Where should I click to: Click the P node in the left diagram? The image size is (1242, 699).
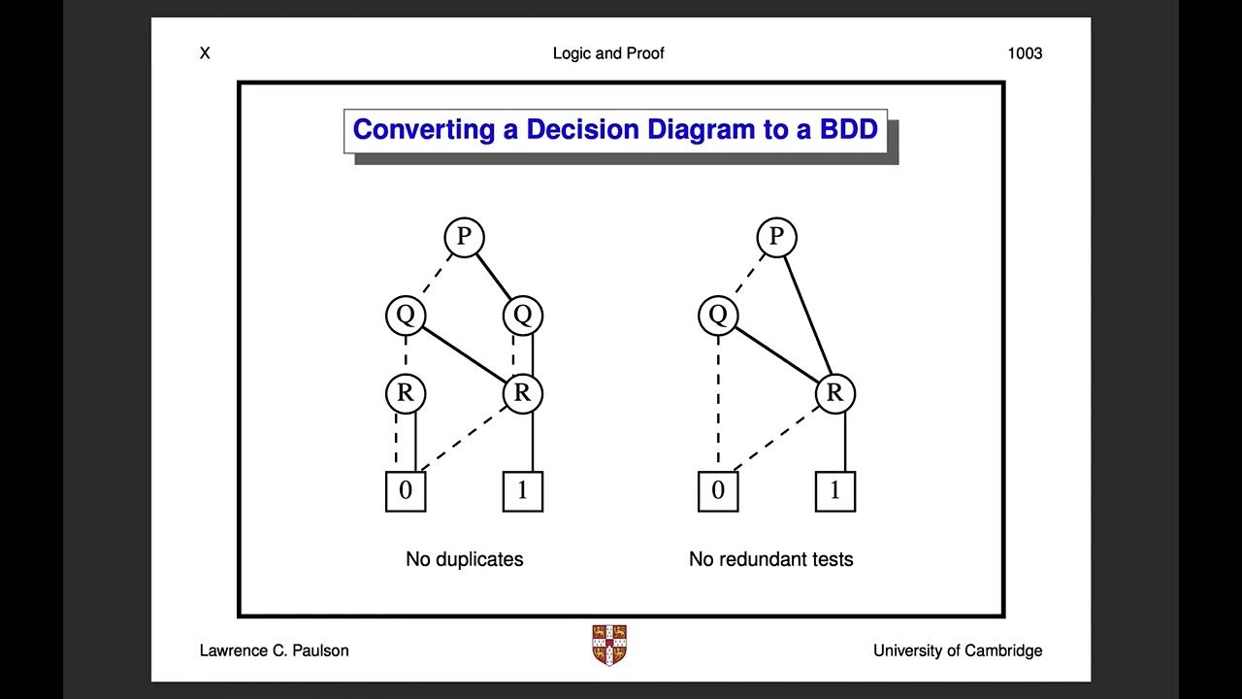pos(464,237)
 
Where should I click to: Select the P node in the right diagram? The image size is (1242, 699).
pos(776,237)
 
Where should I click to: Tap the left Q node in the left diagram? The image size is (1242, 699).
pos(405,315)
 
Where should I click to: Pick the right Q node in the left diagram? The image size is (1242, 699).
pos(522,315)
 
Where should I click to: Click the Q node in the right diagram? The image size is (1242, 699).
pos(718,315)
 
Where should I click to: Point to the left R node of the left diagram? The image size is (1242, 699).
pos(405,393)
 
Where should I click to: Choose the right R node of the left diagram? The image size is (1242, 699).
pos(522,393)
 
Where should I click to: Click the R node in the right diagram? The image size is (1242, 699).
pos(834,393)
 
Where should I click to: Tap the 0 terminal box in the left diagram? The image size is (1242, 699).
pos(406,491)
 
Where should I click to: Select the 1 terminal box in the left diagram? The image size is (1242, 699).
pos(523,491)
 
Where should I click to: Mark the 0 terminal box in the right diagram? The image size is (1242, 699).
pos(718,491)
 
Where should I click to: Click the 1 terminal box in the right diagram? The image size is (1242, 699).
pos(835,491)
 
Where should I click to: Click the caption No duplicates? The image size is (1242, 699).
pos(464,559)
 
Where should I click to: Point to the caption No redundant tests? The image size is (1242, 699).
pos(770,559)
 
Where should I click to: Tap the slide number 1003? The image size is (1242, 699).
pos(1025,53)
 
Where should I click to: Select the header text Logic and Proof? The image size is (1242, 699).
pos(608,53)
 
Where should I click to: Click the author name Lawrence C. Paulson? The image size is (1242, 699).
pos(274,650)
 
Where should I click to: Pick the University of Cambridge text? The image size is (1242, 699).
pos(958,650)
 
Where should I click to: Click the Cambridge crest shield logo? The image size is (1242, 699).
pos(608,645)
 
